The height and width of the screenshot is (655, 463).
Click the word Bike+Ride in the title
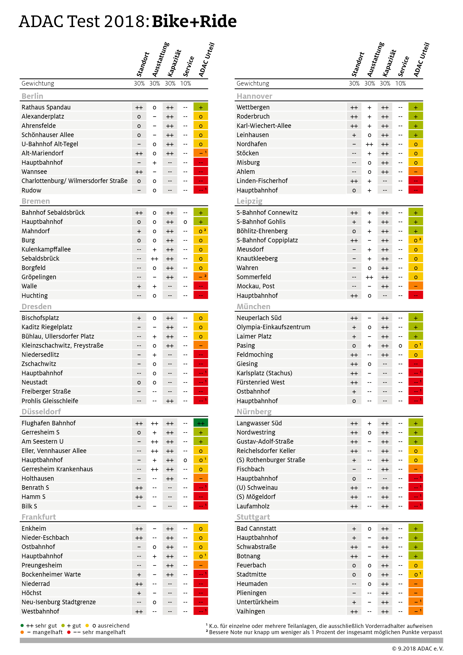click(x=194, y=22)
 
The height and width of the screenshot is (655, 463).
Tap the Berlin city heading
click(x=32, y=96)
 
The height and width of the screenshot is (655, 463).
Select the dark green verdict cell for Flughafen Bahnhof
click(x=201, y=423)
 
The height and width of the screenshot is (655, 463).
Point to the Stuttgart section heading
click(x=253, y=517)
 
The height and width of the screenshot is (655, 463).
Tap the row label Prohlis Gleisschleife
click(x=50, y=401)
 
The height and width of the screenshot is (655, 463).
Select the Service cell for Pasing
click(x=400, y=345)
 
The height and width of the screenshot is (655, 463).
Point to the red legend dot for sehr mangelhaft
click(x=69, y=632)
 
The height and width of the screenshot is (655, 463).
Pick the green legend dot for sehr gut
click(x=22, y=626)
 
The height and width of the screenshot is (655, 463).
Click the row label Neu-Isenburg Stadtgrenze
click(x=58, y=602)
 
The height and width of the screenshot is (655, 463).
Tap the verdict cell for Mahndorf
click(x=201, y=231)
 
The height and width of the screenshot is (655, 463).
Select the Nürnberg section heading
click(x=254, y=412)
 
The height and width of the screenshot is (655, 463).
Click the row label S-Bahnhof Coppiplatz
click(x=267, y=240)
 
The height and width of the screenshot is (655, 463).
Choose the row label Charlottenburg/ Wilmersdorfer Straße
click(x=74, y=181)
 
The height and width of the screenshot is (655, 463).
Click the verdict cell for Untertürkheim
click(x=415, y=602)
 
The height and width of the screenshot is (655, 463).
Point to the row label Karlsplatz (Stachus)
click(x=264, y=373)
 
